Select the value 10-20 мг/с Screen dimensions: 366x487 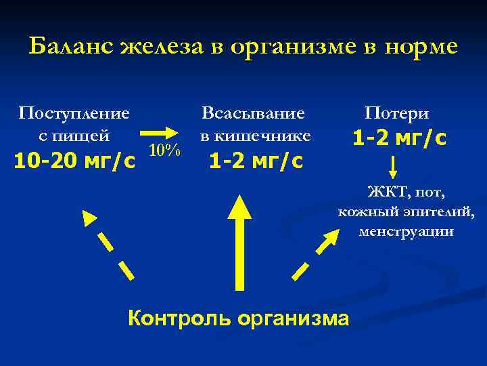pos(74,161)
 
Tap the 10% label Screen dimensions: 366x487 pos(164,150)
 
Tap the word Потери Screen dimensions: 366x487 pos(397,113)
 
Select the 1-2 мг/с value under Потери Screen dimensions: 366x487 pos(399,138)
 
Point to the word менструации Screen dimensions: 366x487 pos(408,232)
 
